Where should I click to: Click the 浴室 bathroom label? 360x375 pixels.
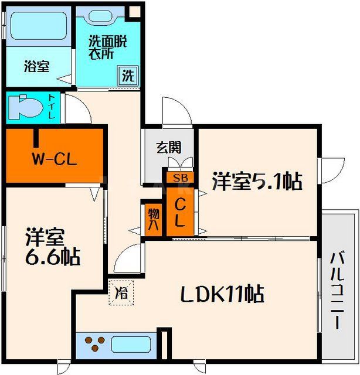(x=36, y=67)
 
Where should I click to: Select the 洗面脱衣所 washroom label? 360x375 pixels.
(x=107, y=47)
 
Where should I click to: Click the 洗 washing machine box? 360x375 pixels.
(x=128, y=75)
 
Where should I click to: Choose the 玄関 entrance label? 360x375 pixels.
(x=168, y=147)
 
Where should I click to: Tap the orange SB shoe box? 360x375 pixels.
(x=180, y=176)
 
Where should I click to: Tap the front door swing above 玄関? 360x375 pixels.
(x=176, y=112)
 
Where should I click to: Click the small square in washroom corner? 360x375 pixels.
(x=135, y=11)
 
